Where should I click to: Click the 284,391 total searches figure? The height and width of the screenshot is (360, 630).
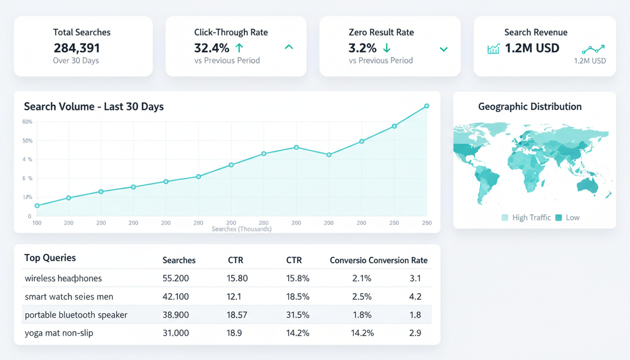77,48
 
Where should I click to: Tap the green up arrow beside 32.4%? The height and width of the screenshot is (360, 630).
239,48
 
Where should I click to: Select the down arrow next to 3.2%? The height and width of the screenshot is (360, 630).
387,48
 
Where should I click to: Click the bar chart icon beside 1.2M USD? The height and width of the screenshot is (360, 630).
493,49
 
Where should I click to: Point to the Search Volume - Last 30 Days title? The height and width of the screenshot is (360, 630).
94,106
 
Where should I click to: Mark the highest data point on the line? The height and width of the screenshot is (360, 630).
427,106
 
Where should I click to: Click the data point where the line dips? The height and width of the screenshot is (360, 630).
329,155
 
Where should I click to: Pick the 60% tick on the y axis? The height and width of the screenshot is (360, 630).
27,122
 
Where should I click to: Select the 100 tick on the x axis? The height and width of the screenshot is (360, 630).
37,223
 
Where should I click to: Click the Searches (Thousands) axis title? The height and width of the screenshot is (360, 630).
241,229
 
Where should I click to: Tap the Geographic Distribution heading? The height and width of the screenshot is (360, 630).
530,106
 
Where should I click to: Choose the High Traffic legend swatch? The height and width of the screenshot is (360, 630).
505,218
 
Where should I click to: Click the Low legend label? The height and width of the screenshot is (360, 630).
573,218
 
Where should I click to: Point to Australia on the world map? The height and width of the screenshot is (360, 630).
588,185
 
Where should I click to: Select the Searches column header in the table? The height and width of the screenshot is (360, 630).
179,260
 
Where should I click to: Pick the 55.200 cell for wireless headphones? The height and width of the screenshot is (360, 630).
176,278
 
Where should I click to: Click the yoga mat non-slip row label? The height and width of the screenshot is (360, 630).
59,333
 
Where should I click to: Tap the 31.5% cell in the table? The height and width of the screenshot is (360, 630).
297,315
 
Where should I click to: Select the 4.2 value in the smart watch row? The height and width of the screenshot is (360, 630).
415,297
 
